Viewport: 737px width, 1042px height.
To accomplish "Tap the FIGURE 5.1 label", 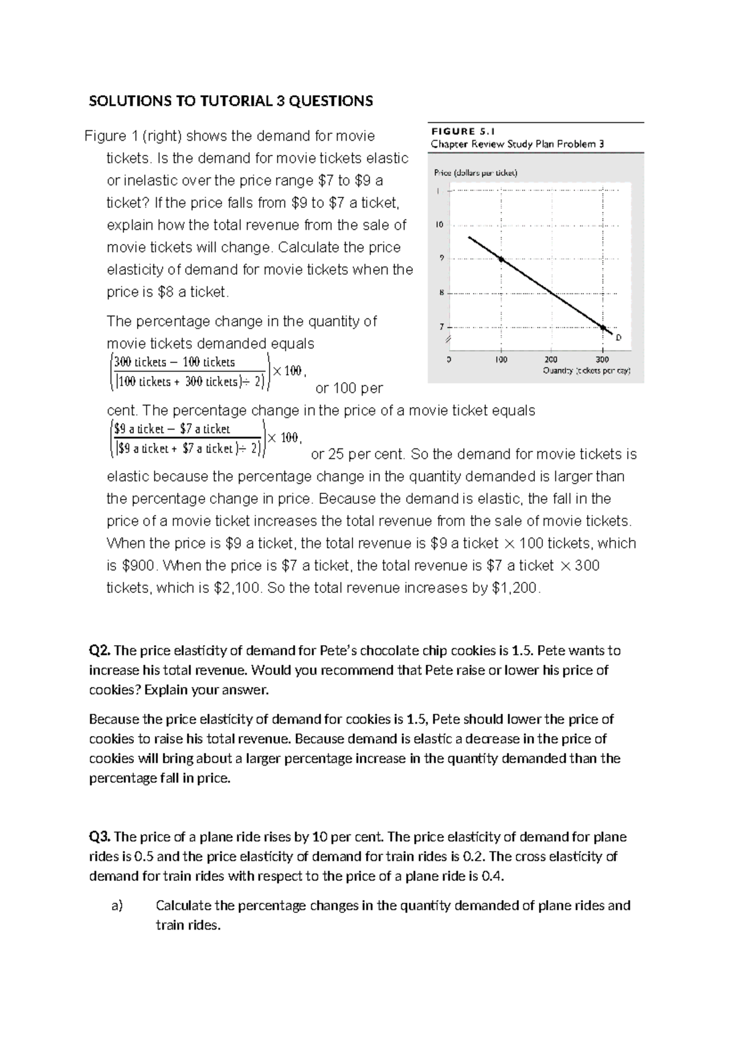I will pos(462,131).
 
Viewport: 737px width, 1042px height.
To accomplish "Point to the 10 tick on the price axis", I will pos(439,225).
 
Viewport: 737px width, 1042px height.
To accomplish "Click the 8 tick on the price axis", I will pos(440,293).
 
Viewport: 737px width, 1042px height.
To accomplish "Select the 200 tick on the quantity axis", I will pos(551,359).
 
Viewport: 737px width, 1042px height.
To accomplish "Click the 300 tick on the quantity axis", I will pos(602,359).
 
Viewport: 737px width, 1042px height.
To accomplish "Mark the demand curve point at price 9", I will pos(501,260).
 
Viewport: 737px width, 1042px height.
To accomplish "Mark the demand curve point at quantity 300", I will pos(602,327).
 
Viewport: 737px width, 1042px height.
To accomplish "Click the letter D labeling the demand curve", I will pos(618,337).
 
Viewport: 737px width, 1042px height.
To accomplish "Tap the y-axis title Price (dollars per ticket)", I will pos(475,173).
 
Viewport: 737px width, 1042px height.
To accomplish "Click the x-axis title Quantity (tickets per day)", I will pos(587,371).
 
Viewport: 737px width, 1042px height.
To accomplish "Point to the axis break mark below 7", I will pos(448,339).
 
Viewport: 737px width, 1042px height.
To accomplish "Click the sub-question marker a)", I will pos(117,906).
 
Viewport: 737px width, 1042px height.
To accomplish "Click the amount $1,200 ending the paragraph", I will pos(516,588).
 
